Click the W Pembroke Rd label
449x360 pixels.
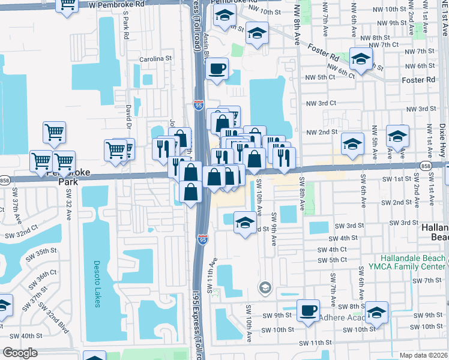(x=116, y=4)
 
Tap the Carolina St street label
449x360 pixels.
(x=156, y=59)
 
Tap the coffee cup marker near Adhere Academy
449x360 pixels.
(x=308, y=310)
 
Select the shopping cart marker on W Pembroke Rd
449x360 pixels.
(x=67, y=5)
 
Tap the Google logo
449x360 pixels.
(x=20, y=353)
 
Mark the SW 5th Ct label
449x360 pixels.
(x=333, y=260)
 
